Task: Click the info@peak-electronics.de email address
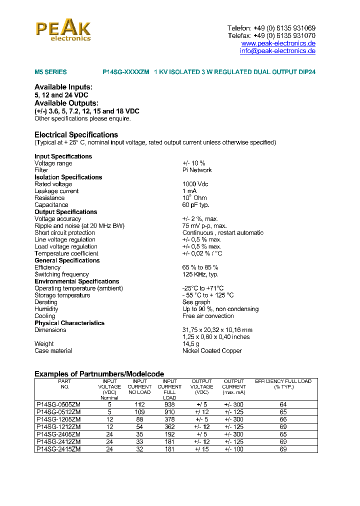coord(277,51)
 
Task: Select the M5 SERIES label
coord(50,72)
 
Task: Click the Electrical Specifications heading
coord(76,135)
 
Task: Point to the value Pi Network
coord(197,170)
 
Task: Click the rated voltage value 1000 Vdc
coord(195,184)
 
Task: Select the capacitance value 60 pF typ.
coord(196,205)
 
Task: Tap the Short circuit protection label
coord(64,232)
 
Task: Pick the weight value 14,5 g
coord(191,344)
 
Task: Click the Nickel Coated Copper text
coord(212,351)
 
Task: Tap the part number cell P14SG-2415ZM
coord(58,449)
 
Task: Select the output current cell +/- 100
coord(234,449)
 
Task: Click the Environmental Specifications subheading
coord(76,281)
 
